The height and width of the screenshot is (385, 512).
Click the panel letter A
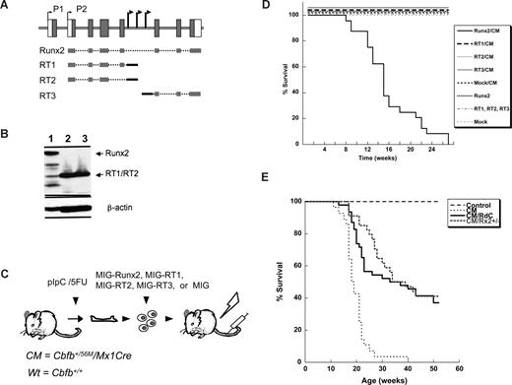pyautogui.click(x=6, y=6)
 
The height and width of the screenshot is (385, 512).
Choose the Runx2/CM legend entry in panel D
pyautogui.click(x=482, y=30)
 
